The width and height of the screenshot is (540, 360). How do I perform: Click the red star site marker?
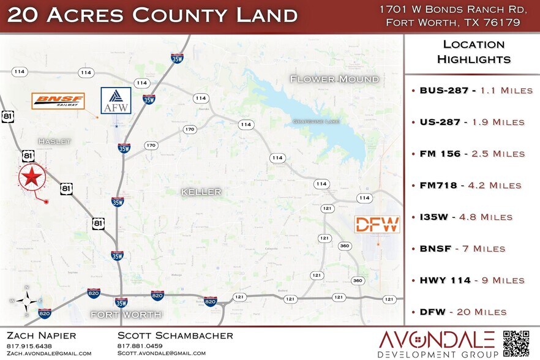[32, 178]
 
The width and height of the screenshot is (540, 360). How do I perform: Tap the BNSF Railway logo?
[58, 101]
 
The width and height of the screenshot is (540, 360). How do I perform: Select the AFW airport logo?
[116, 100]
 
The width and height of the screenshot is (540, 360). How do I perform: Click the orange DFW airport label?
[377, 224]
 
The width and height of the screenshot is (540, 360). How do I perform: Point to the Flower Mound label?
[334, 79]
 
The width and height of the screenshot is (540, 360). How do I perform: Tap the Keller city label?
[201, 192]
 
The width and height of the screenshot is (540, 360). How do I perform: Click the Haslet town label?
[55, 141]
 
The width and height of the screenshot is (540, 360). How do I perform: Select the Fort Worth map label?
[126, 315]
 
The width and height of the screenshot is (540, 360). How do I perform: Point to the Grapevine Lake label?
[316, 121]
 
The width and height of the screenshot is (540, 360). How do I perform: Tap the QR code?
[516, 343]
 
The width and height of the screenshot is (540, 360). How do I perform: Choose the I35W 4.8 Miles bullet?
[466, 217]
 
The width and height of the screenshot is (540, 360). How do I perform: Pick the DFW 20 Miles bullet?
[463, 312]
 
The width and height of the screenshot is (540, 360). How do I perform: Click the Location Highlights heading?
[473, 52]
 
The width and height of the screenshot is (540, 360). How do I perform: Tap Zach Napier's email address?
[49, 353]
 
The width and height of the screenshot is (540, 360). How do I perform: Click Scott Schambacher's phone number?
[140, 346]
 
